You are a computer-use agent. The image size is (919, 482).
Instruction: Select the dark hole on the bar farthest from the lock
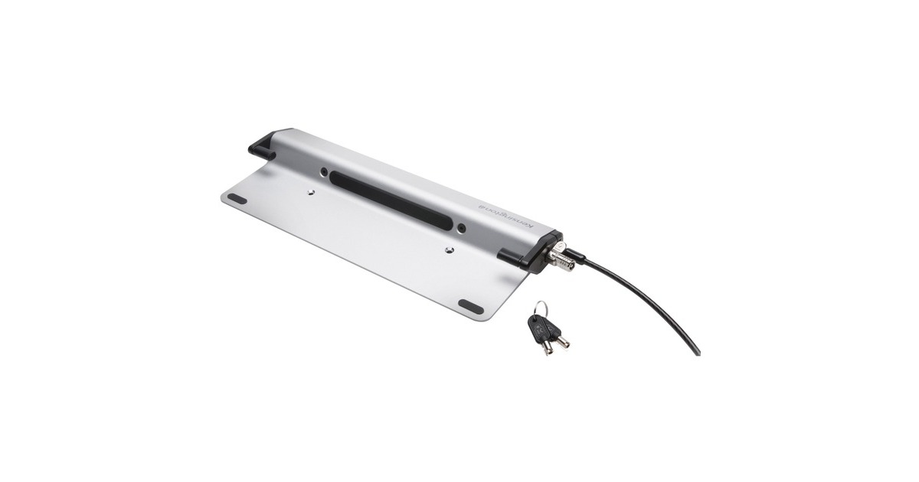tap(324, 172)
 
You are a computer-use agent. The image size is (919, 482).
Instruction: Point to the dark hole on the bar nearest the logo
tap(460, 227)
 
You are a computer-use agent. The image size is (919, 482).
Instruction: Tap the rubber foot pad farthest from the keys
tap(237, 198)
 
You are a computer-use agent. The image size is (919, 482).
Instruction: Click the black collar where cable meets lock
tap(576, 256)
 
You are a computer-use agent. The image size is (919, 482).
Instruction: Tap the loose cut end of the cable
tap(696, 351)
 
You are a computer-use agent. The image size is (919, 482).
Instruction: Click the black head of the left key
tap(539, 326)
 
